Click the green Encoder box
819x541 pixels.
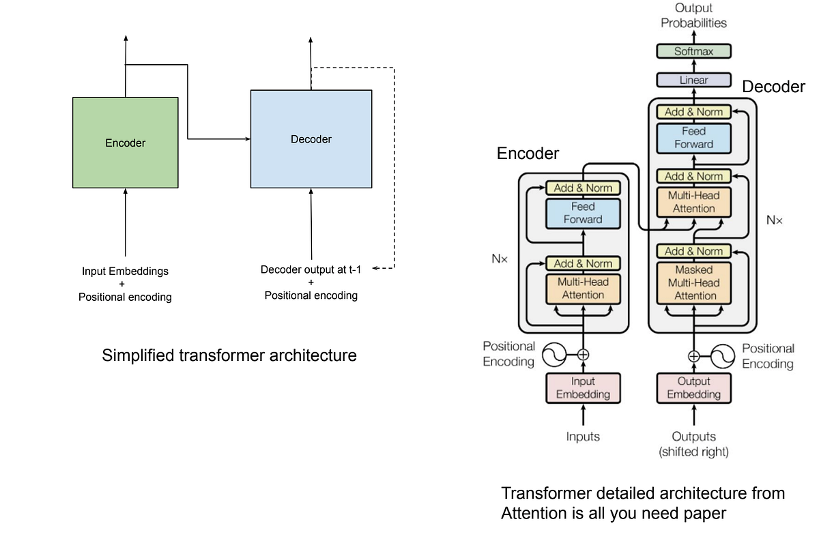pos(125,143)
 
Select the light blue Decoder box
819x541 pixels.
pos(311,139)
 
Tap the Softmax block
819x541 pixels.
pos(693,51)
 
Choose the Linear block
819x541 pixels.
pos(693,80)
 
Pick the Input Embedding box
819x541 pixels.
pos(583,388)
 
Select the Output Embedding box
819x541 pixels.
pos(693,388)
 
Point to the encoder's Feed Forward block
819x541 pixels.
pos(583,213)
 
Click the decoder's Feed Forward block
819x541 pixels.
pos(693,138)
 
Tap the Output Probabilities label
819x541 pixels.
pos(693,15)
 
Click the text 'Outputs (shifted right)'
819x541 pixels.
pos(693,443)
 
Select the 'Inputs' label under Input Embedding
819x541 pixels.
pos(583,437)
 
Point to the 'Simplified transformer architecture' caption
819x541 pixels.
pos(229,355)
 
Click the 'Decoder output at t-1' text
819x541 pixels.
pos(311,269)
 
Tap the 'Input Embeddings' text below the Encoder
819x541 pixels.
pos(125,271)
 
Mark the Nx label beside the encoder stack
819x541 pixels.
pos(500,259)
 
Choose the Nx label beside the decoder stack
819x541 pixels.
pos(775,220)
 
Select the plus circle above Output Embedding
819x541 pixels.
pos(693,355)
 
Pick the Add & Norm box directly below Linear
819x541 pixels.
pos(693,112)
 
